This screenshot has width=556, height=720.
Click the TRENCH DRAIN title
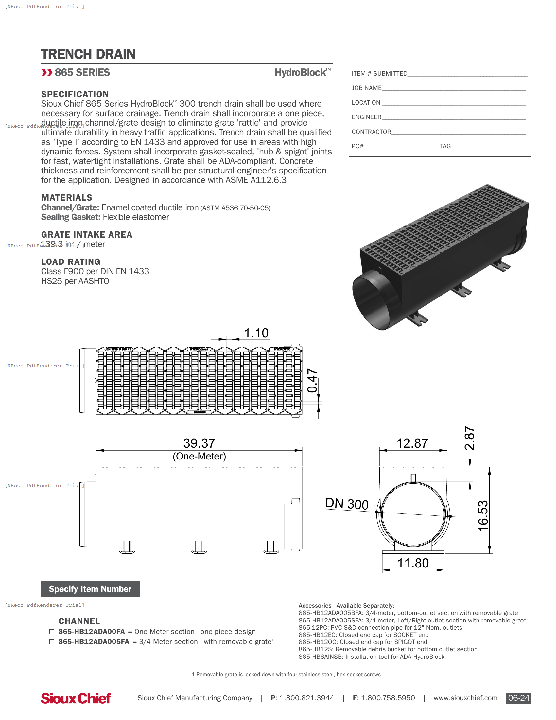(x=88, y=54)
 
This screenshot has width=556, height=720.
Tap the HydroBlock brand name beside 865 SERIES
(x=301, y=73)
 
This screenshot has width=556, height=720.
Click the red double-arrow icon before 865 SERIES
(x=47, y=73)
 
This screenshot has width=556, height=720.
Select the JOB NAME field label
(x=366, y=88)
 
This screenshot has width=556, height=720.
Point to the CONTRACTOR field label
(x=371, y=132)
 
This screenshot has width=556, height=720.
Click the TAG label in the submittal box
(x=445, y=146)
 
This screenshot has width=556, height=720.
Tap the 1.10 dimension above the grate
(x=256, y=333)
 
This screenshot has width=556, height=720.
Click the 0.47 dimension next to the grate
(x=312, y=381)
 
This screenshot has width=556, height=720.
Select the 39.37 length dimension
(x=199, y=443)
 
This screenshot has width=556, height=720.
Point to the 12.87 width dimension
(x=412, y=443)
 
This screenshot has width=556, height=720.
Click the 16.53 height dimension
(x=483, y=515)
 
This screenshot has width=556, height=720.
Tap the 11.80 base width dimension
(x=413, y=563)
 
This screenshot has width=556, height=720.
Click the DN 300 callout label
(x=346, y=504)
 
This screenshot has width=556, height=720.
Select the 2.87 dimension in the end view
(x=469, y=438)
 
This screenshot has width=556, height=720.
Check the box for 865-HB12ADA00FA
(x=52, y=632)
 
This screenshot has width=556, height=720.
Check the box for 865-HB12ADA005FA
(x=52, y=642)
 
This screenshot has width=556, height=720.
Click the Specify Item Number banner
(x=90, y=589)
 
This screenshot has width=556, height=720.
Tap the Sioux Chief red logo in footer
(x=76, y=698)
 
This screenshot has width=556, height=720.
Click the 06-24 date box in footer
(x=518, y=698)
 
